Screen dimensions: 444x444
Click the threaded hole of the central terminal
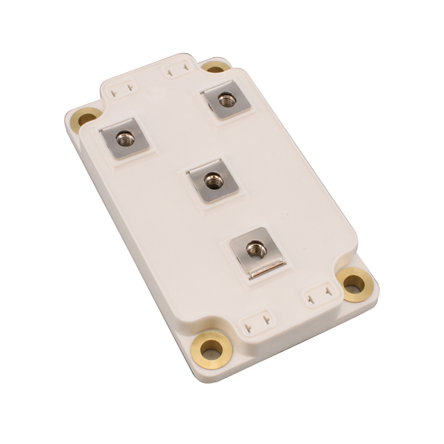(210, 180)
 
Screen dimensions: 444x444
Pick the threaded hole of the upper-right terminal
(225, 99)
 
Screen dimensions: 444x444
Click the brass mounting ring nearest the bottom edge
(211, 345)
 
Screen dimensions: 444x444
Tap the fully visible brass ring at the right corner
(355, 284)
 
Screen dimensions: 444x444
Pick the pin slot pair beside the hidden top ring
(176, 71)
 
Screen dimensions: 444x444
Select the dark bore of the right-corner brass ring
(355, 283)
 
